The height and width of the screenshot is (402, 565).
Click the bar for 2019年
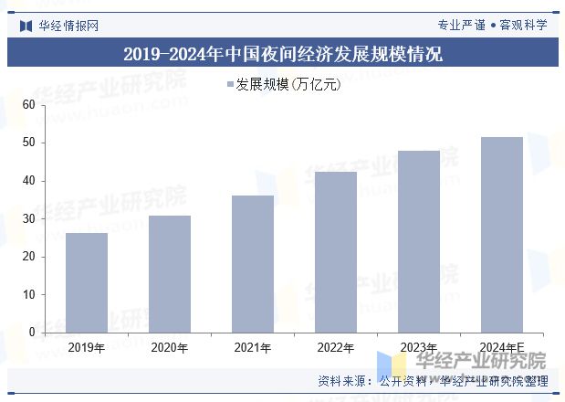(x=87, y=282)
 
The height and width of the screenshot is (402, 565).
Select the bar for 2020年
(x=170, y=274)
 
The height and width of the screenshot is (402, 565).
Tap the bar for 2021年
(x=253, y=264)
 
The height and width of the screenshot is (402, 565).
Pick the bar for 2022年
(x=336, y=252)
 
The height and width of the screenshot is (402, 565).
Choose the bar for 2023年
(x=419, y=241)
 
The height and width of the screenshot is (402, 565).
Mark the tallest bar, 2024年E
(x=502, y=235)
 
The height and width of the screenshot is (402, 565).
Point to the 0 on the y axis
(x=31, y=333)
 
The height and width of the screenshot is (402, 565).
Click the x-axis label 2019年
(x=87, y=348)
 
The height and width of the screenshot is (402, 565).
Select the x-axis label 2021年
(x=253, y=348)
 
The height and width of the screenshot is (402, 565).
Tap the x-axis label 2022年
(x=336, y=348)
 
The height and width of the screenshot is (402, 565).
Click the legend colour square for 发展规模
(x=229, y=85)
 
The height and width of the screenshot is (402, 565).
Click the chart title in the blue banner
(x=282, y=54)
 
